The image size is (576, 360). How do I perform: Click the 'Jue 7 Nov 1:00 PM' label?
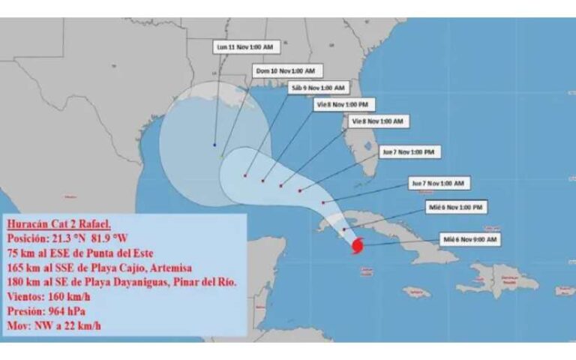click(409, 151)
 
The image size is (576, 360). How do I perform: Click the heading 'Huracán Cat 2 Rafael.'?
click(59, 223)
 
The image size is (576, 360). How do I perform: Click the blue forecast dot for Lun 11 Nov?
click(215, 145)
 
